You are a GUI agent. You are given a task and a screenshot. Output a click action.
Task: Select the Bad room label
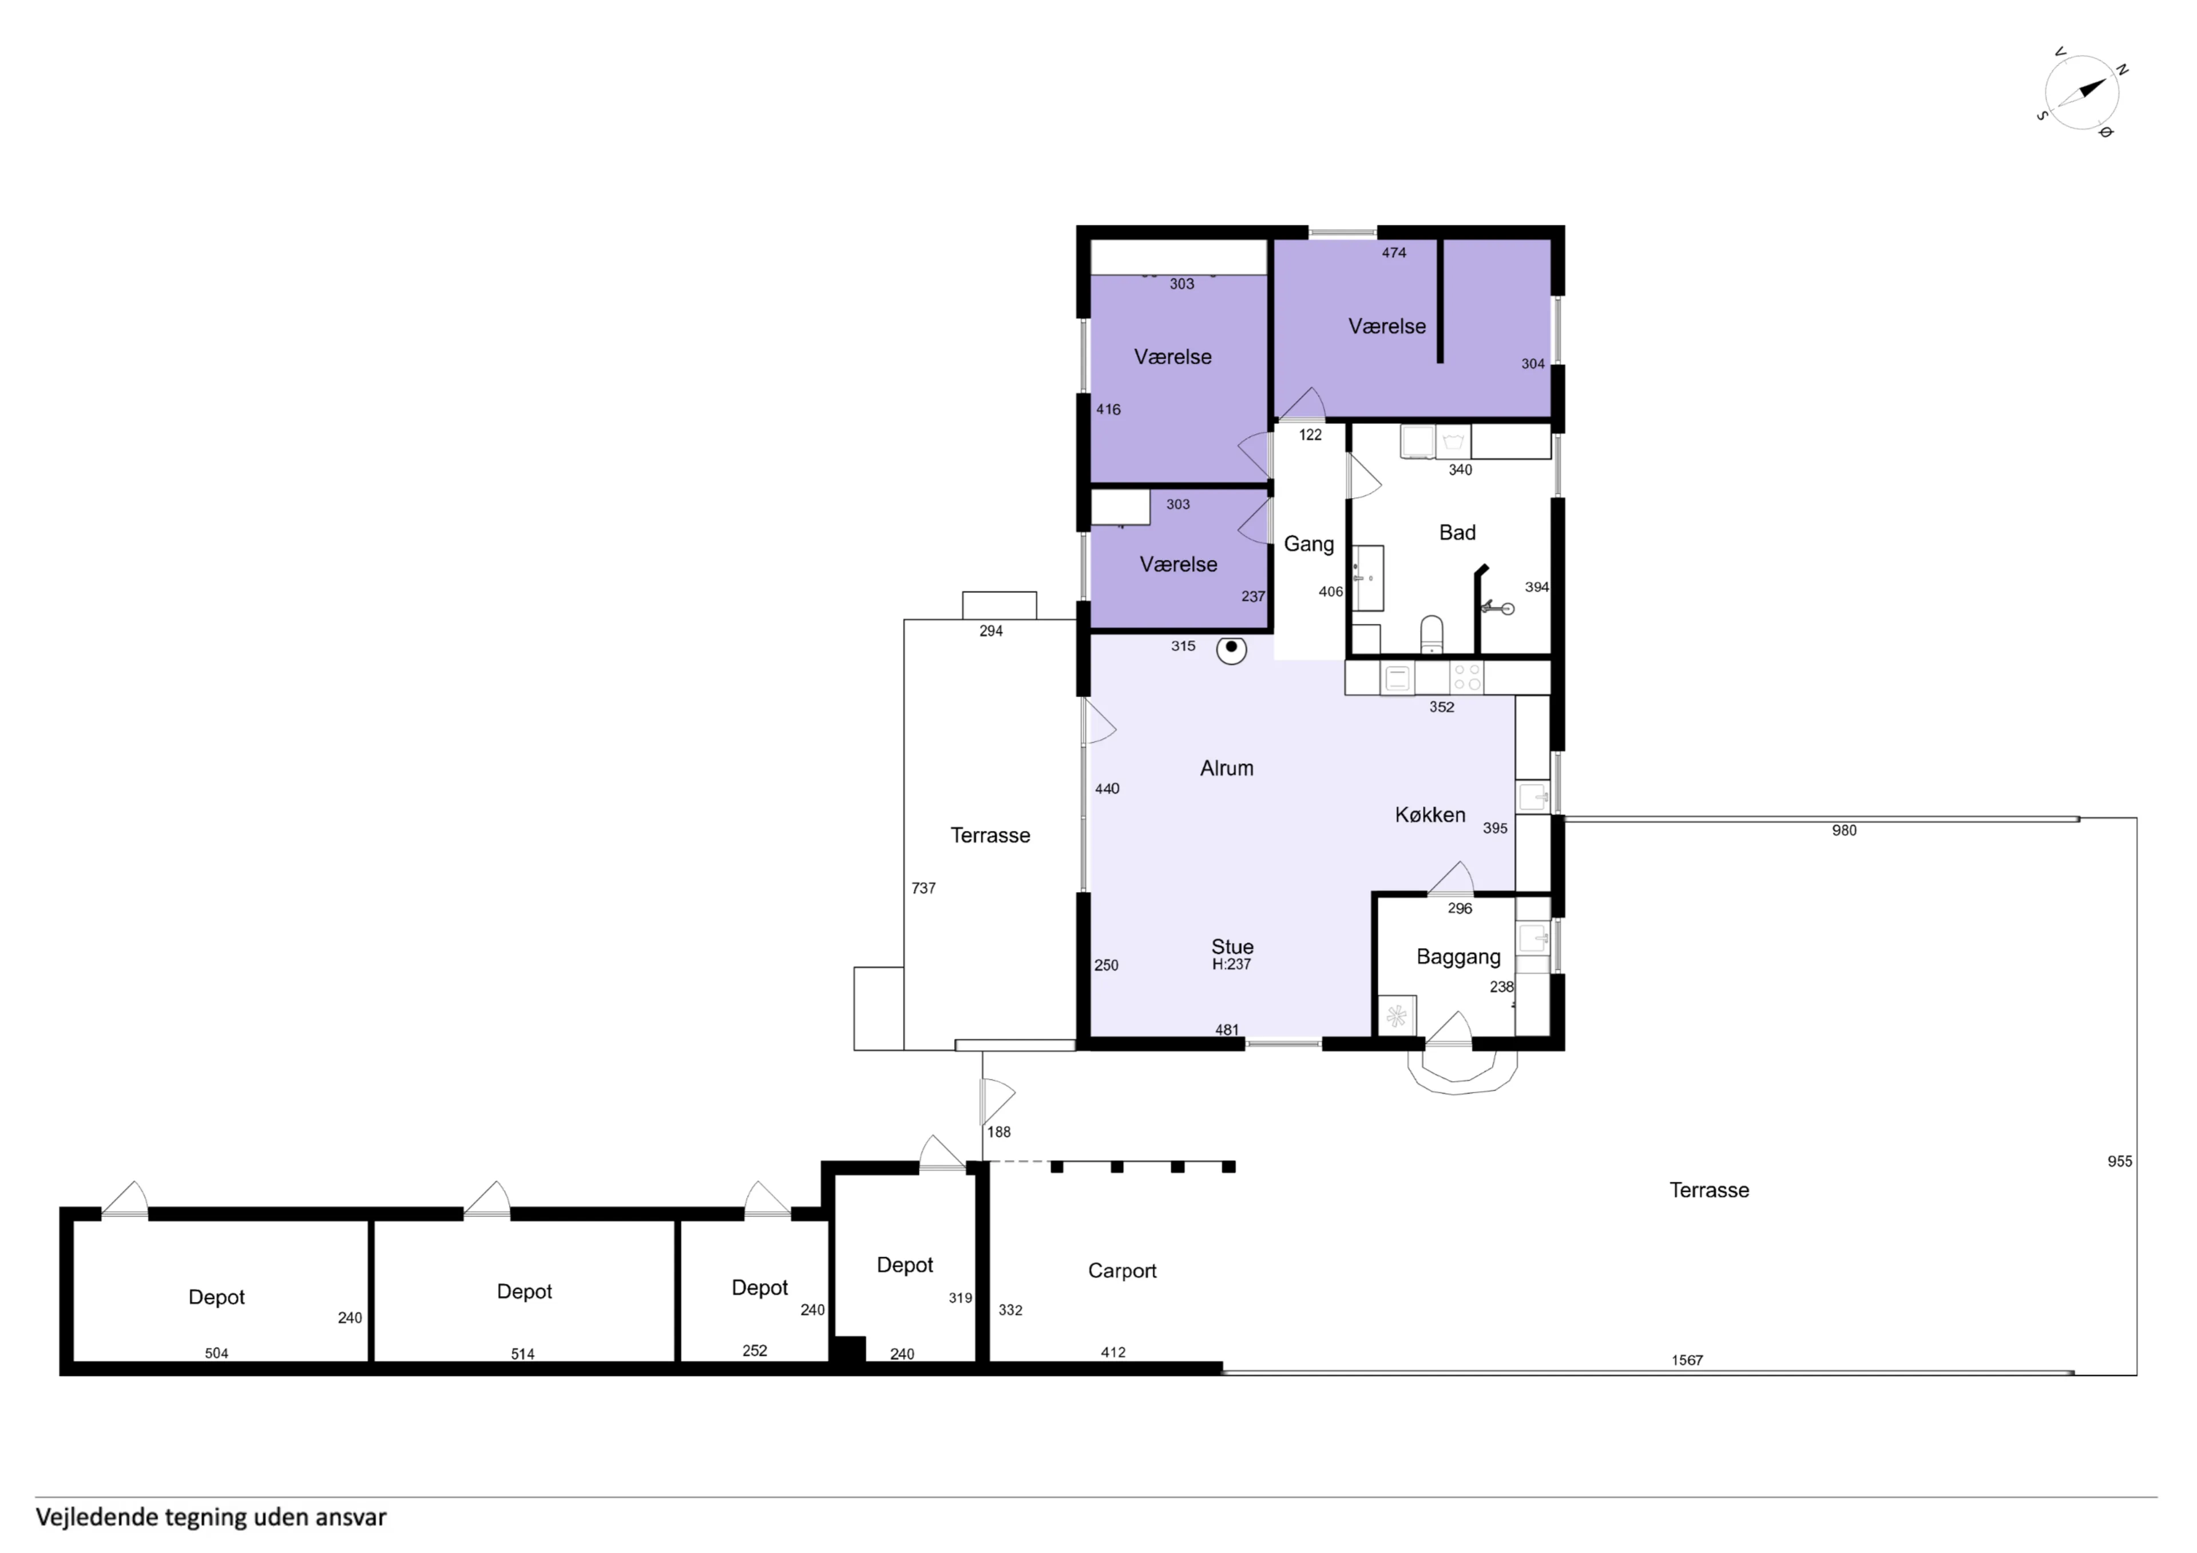[1457, 533]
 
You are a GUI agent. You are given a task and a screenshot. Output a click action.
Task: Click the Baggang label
[1458, 957]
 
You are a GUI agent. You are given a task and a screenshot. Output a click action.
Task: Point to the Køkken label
[1430, 815]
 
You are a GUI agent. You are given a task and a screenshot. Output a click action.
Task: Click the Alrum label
[1227, 768]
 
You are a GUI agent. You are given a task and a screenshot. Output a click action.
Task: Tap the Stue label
[1232, 946]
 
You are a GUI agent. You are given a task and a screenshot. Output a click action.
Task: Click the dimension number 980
[1844, 831]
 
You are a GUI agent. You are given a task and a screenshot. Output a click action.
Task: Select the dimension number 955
[2120, 1162]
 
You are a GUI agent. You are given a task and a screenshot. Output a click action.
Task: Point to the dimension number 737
[923, 888]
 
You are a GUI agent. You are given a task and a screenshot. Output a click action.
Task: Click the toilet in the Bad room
[1431, 633]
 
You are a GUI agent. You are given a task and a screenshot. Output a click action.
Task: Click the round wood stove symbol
[1231, 650]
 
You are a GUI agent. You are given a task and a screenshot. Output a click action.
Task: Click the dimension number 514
[522, 1354]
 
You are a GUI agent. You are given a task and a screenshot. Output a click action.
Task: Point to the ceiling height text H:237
[1231, 964]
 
